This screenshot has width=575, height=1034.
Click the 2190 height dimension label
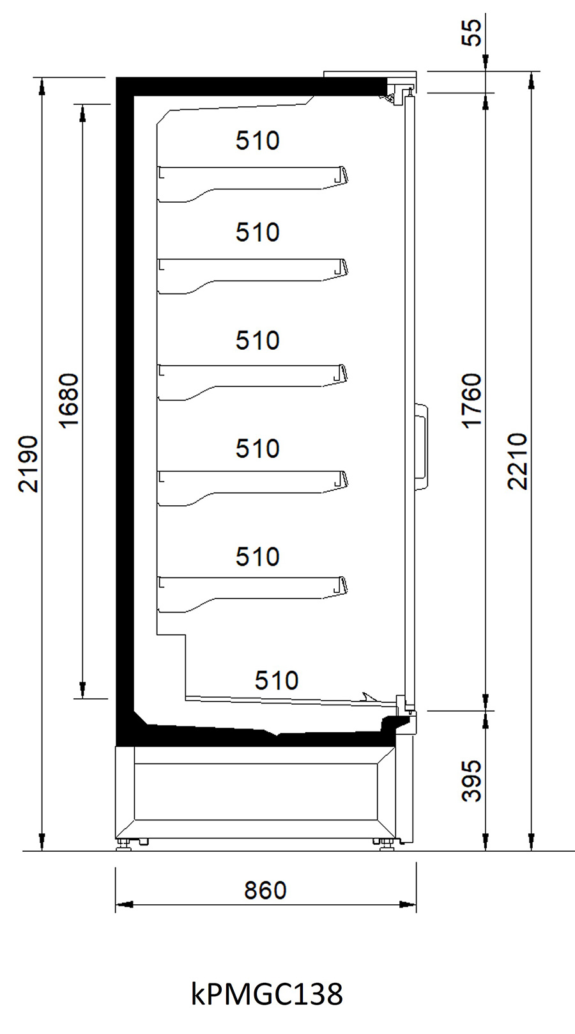(28, 464)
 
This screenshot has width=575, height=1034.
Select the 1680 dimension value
(69, 401)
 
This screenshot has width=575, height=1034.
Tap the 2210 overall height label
(517, 460)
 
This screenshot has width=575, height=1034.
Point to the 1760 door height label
(471, 401)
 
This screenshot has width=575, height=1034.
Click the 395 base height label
(471, 781)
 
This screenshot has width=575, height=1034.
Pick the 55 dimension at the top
(471, 33)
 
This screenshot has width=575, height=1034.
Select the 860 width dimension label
(265, 890)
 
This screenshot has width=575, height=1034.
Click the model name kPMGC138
(267, 994)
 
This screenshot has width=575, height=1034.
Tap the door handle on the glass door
(422, 446)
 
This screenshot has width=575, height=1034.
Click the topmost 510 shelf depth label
(257, 141)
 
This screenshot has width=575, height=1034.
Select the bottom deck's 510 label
(277, 680)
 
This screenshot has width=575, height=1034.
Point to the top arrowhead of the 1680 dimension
(83, 113)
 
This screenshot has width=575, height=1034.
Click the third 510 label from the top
(257, 341)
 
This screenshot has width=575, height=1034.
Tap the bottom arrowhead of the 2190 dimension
(42, 842)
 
